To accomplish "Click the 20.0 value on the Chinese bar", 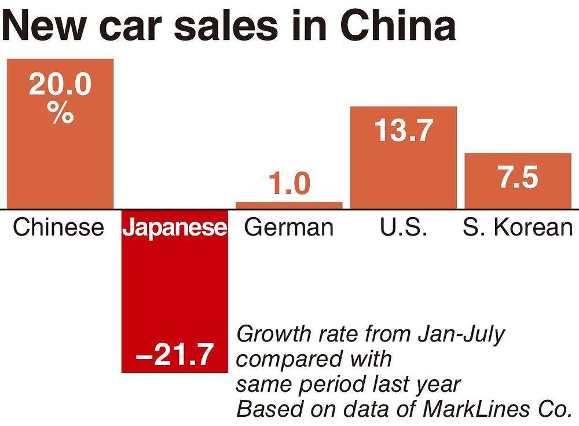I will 60,85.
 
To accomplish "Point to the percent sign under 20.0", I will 60,114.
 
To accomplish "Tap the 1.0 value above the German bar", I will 289,184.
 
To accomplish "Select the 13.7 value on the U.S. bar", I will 404,131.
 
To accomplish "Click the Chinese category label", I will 58,227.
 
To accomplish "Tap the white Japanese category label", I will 175,227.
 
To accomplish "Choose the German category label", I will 289,227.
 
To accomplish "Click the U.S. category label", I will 404,227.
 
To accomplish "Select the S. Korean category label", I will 518,227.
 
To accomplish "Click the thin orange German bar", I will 289,205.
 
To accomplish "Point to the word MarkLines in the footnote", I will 470,409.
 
